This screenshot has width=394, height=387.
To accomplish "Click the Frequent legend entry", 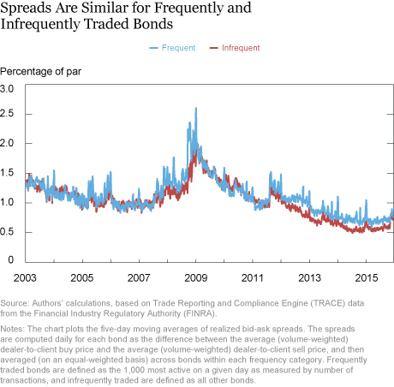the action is tap(172, 48).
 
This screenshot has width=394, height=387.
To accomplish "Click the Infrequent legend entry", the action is tap(235, 48).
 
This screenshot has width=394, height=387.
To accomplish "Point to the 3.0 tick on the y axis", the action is tap(7, 89).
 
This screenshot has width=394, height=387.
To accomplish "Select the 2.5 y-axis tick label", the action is tap(7, 114).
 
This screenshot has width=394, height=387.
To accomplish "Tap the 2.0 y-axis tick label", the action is tap(7, 143).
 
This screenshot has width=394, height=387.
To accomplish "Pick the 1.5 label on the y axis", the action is tap(7, 173).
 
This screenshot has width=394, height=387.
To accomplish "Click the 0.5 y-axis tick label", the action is tap(7, 232).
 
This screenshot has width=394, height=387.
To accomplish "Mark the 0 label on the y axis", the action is tap(11, 259).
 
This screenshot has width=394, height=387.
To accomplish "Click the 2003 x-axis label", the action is tap(25, 277).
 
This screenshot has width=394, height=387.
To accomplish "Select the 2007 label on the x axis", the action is tap(139, 277).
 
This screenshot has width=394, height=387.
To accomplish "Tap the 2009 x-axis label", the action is tap(196, 277).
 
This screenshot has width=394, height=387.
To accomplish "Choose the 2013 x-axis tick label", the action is tap(309, 277).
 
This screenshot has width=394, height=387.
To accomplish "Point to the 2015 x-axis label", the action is tap(367, 277).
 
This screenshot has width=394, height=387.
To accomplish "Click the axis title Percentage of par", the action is tap(41, 71).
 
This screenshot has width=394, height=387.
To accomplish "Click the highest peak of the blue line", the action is tap(196, 108).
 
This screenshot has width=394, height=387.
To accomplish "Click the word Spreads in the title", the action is tap(27, 9).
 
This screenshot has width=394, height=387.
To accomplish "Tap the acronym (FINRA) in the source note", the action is tap(200, 313).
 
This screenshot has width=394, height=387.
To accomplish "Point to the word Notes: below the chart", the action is tap(13, 329).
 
